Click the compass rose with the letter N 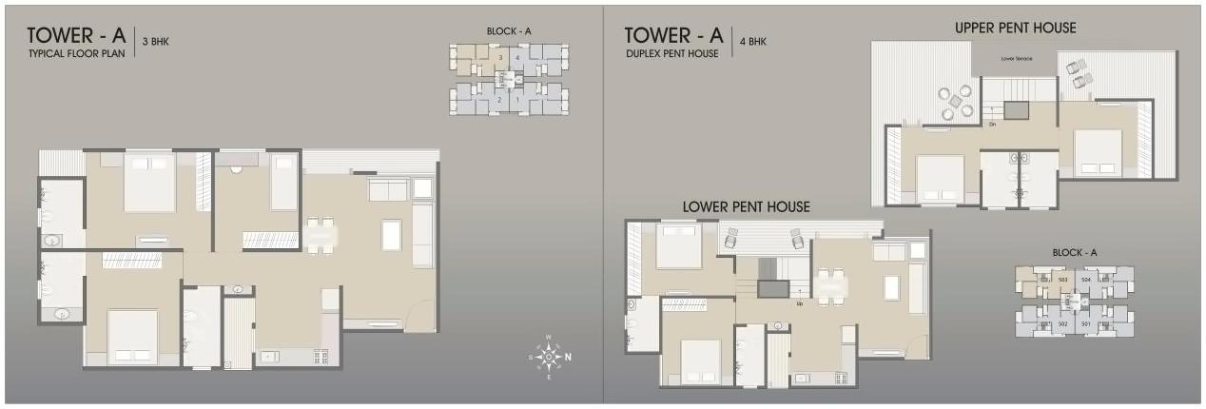pyautogui.click(x=549, y=357)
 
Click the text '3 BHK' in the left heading pyautogui.click(x=155, y=41)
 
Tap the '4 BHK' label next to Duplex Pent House pyautogui.click(x=752, y=41)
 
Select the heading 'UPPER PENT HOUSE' pyautogui.click(x=1015, y=29)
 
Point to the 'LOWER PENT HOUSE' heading pyautogui.click(x=746, y=206)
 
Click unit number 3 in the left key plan pyautogui.click(x=500, y=58)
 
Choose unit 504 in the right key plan pyautogui.click(x=1086, y=281)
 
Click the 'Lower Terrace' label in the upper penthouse pyautogui.click(x=1016, y=59)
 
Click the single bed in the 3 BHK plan pyautogui.click(x=283, y=183)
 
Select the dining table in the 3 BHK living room pyautogui.click(x=321, y=234)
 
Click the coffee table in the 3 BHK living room pyautogui.click(x=391, y=234)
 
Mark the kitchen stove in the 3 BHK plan pyautogui.click(x=319, y=359)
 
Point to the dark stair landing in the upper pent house pyautogui.click(x=1015, y=109)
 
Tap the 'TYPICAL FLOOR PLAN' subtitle pyautogui.click(x=75, y=54)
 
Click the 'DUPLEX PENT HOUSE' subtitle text pyautogui.click(x=671, y=54)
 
